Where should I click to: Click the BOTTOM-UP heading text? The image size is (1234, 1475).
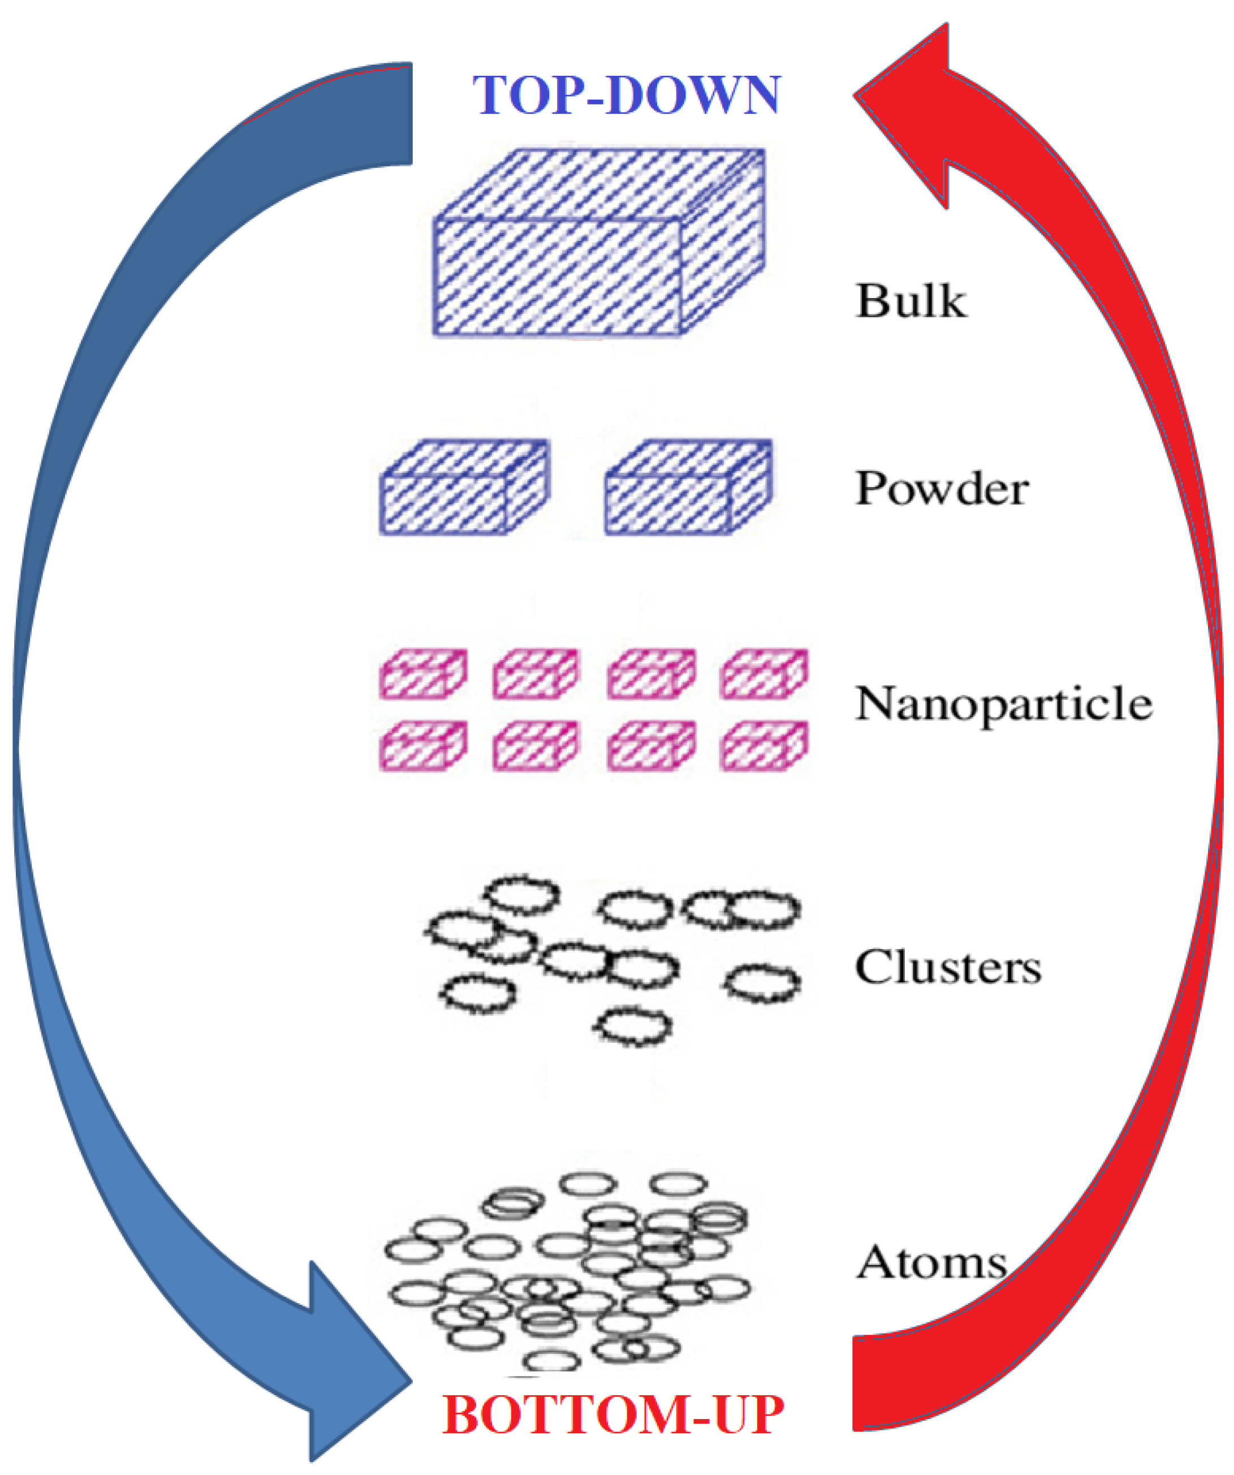click(612, 1414)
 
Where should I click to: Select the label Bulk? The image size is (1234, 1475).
click(911, 301)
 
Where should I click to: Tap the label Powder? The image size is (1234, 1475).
click(942, 488)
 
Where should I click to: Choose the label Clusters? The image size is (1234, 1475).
click(947, 968)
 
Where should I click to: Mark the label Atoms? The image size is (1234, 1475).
click(931, 1262)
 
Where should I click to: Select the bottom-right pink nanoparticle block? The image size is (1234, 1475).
click(763, 747)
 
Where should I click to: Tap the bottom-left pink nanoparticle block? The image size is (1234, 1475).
click(423, 747)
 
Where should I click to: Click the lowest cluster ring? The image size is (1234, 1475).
click(634, 1026)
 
